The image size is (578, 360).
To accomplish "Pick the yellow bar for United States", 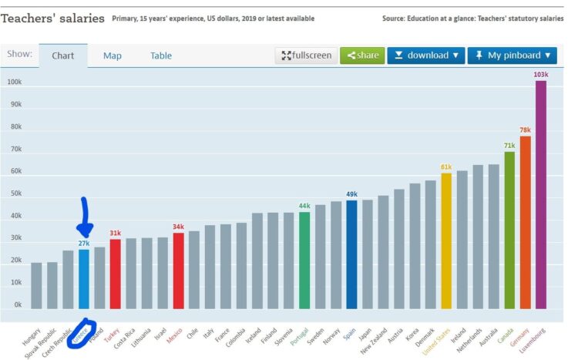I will pos(446,241).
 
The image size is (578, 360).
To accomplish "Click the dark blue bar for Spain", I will pos(351,254).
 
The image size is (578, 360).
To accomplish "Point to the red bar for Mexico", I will pos(178,271).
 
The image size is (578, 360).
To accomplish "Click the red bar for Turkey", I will pos(115,274).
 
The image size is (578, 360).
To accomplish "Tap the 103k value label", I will pos(541,75).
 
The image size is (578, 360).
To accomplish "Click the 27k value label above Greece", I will pos(84,244).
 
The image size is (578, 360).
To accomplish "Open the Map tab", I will pos(113,56).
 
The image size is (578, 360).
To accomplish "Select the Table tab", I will pos(161,56).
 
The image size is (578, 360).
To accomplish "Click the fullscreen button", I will pos(306,56).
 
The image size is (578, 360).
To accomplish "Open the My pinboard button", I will pos(511,56).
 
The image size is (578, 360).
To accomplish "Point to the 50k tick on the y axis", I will pos(14,193).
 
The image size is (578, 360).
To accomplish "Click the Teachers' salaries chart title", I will pos(52,18).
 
